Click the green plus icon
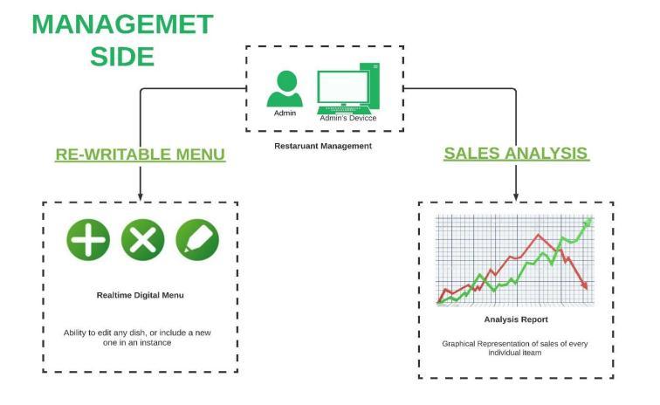pyautogui.click(x=88, y=238)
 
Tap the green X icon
pyautogui.click(x=142, y=238)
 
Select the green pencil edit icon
pyautogui.click(x=197, y=238)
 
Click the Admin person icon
pyautogui.click(x=285, y=86)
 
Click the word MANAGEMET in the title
pyautogui.click(x=122, y=24)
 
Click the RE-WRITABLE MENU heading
pyautogui.click(x=141, y=154)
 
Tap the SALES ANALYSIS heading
pyautogui.click(x=515, y=154)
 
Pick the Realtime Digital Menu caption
pyautogui.click(x=140, y=295)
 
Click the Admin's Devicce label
pyautogui.click(x=347, y=118)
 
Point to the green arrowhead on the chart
pyautogui.click(x=587, y=223)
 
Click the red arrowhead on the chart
pyautogui.click(x=584, y=285)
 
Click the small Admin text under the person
pyautogui.click(x=285, y=113)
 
